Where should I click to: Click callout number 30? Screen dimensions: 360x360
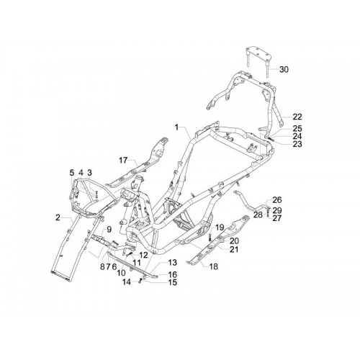click(x=284, y=70)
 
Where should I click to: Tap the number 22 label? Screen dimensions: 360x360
click(x=297, y=117)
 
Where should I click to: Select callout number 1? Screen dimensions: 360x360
click(x=177, y=127)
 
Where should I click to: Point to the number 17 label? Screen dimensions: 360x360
click(x=123, y=160)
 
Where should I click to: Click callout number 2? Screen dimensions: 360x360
click(x=58, y=217)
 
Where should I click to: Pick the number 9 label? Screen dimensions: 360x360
click(x=109, y=230)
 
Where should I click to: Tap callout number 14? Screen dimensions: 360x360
click(x=127, y=282)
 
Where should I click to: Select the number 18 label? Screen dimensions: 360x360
click(x=214, y=266)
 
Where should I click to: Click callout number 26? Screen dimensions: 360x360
click(x=277, y=200)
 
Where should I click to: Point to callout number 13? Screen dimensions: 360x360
click(x=173, y=263)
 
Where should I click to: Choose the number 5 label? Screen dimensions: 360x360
click(x=71, y=173)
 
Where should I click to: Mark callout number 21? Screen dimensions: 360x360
click(x=234, y=250)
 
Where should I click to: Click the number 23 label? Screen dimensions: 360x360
click(x=297, y=144)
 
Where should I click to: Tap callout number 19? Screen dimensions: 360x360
click(x=220, y=228)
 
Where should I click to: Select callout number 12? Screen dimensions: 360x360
click(x=143, y=255)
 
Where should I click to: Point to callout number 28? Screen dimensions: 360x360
click(x=258, y=215)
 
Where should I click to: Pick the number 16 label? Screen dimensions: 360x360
click(x=173, y=274)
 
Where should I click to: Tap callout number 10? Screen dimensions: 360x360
click(x=121, y=273)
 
